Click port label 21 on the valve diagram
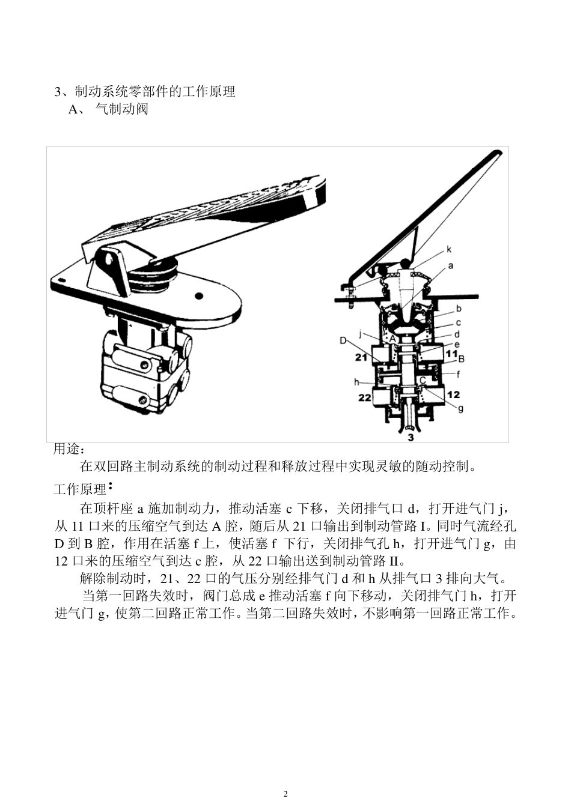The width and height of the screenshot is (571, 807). coord(361,358)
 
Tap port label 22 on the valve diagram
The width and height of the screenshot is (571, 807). coord(365,397)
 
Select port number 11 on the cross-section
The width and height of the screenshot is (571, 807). coord(451,354)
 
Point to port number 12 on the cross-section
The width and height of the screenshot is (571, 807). coord(453,394)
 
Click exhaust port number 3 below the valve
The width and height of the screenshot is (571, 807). coord(411,437)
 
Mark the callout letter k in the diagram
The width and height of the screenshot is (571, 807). coord(448,249)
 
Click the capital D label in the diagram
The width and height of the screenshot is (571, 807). coord(343,341)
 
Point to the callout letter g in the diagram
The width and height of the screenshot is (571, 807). coord(460,409)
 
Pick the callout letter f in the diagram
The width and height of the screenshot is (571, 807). coord(459,373)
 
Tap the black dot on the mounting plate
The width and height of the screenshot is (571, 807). coord(199,295)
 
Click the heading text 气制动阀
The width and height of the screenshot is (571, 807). coord(122,109)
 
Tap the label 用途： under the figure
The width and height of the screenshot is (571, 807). coord(70,449)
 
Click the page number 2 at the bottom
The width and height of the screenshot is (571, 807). coord(285,794)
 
